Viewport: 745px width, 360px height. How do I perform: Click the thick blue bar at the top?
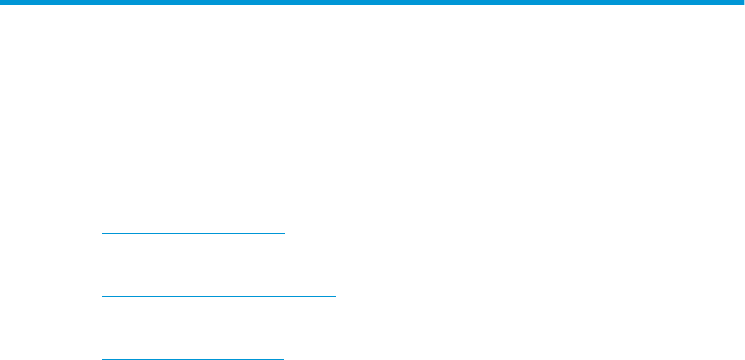tap(372, 3)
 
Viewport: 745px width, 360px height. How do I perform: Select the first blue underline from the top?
tap(193, 233)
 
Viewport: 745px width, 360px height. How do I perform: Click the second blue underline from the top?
tap(177, 265)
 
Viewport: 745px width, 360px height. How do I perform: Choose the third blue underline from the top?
tap(219, 296)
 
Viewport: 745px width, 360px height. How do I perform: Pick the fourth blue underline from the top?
tap(173, 328)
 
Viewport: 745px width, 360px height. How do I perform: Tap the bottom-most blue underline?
tap(192, 358)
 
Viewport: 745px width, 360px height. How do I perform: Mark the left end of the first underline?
tap(102, 233)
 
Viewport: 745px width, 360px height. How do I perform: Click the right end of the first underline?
tap(285, 233)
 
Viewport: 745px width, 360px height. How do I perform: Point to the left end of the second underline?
tap(102, 265)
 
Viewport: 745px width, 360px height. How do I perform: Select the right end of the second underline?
tap(253, 265)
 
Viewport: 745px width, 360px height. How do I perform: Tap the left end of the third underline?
tap(102, 296)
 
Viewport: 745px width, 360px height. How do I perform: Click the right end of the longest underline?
tap(336, 296)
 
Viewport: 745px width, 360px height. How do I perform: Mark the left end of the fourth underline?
tap(102, 328)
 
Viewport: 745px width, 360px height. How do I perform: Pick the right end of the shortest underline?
tap(243, 328)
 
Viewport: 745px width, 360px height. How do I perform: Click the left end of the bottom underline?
tap(102, 358)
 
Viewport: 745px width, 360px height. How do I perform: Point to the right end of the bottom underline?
tap(283, 358)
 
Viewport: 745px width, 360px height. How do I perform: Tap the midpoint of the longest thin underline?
tap(219, 296)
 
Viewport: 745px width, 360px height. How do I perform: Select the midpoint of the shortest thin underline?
tap(173, 328)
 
